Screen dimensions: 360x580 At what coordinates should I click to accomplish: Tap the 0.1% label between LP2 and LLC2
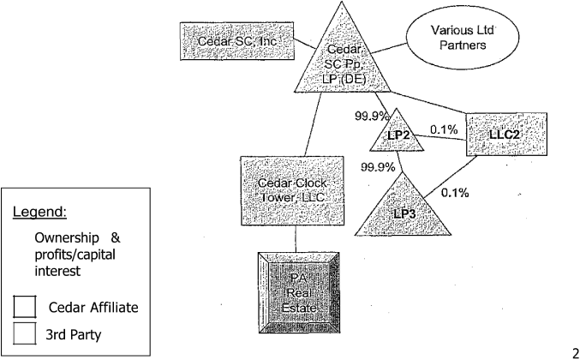pyautogui.click(x=444, y=129)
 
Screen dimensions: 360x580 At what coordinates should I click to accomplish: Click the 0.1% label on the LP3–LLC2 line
pyautogui.click(x=454, y=193)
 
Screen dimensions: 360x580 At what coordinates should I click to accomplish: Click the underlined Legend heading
pyautogui.click(x=39, y=212)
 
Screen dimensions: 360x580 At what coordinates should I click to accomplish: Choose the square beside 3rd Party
pyautogui.click(x=26, y=336)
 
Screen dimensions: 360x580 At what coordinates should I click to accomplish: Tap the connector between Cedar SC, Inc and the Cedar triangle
pyautogui.click(x=304, y=39)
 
